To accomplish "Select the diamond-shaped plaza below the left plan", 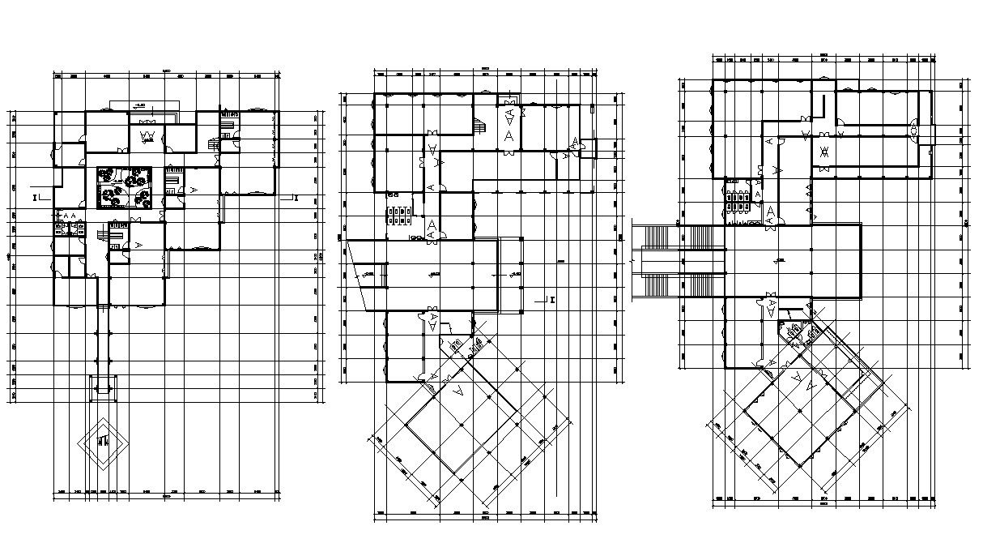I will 102,443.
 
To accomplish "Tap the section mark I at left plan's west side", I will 36,197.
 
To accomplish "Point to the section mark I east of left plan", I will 296,197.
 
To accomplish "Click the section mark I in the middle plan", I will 551,300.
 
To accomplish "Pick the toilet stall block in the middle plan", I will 401,216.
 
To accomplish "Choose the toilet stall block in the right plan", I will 738,200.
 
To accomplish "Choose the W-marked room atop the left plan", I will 148,135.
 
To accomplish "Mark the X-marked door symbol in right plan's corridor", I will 823,152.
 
